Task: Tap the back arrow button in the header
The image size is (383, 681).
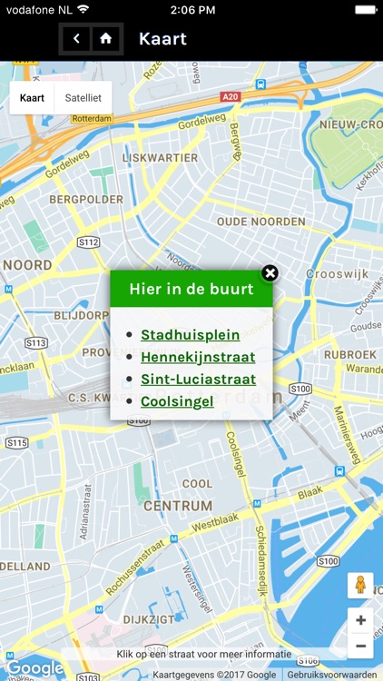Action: tap(77, 38)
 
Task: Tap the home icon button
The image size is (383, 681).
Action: tap(106, 38)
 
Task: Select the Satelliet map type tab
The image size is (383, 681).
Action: tap(83, 98)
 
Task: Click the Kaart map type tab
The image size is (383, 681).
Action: tap(32, 98)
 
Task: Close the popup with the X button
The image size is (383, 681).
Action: tap(270, 273)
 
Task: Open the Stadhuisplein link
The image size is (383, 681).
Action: tap(191, 335)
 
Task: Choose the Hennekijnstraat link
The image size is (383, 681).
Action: tap(198, 357)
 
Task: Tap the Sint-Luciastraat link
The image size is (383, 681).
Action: tap(198, 379)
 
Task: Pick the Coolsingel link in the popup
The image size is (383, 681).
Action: tap(177, 400)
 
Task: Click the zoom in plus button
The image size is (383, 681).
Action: tap(360, 621)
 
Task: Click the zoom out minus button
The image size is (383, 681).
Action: tap(360, 646)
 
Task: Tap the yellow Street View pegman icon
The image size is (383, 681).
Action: tap(360, 586)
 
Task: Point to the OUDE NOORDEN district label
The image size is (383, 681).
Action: tap(261, 222)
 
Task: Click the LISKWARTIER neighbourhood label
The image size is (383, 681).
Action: tap(160, 157)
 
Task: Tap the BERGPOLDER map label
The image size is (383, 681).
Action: tap(86, 199)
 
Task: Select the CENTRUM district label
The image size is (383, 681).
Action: tap(178, 506)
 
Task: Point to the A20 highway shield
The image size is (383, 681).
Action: tap(231, 96)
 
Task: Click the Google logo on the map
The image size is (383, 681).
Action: tap(34, 669)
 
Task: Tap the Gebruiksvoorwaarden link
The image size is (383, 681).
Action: tap(332, 675)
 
